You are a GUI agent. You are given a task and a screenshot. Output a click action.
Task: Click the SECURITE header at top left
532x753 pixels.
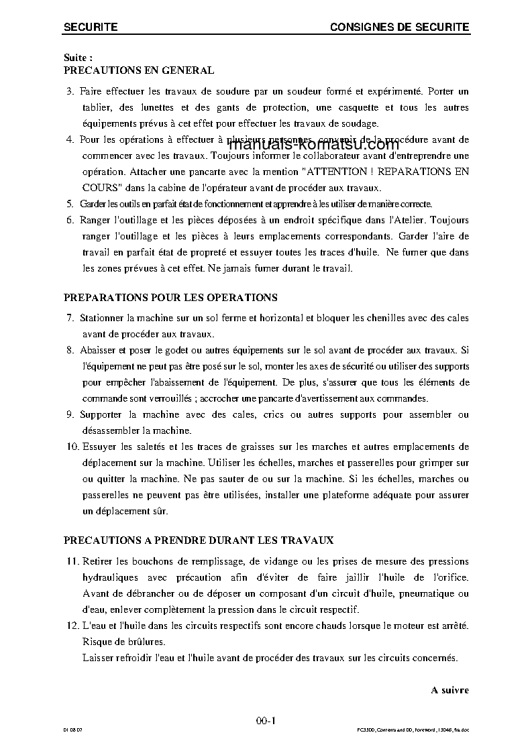tap(91, 27)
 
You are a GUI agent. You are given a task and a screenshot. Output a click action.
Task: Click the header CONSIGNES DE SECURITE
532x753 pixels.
tap(399, 27)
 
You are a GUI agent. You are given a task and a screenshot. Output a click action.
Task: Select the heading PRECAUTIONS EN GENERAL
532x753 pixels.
tap(139, 70)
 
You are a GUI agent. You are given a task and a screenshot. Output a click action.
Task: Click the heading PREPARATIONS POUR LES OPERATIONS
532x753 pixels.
tap(170, 297)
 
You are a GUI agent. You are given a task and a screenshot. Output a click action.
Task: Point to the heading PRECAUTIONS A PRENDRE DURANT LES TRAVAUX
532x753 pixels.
tap(199, 539)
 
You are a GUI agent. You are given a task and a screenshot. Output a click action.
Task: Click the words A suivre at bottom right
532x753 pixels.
tap(449, 690)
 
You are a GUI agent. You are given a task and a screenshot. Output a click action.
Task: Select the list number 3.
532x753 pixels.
tap(69, 91)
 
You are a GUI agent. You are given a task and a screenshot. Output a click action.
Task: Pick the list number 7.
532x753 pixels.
tap(69, 318)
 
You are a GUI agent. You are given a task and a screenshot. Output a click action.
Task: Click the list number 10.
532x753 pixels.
tap(72, 447)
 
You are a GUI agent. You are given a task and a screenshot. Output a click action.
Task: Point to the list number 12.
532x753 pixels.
tap(72, 626)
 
